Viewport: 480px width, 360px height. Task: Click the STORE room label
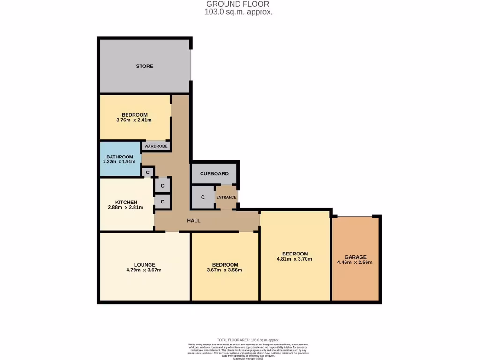click(144, 66)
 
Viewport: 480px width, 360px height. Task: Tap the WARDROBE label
click(156, 146)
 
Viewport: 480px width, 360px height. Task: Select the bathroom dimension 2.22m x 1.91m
click(119, 162)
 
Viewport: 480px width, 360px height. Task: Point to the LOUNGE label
click(144, 265)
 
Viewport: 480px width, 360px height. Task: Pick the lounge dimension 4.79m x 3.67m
click(144, 270)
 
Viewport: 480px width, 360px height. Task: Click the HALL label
click(194, 220)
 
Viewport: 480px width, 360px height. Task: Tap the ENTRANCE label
click(226, 197)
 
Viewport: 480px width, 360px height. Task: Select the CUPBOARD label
click(214, 173)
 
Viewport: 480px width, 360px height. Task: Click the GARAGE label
click(355, 257)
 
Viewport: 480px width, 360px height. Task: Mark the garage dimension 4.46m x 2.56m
click(355, 262)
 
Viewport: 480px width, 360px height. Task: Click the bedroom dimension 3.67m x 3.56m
click(225, 270)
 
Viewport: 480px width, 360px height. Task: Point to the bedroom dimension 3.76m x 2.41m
click(134, 120)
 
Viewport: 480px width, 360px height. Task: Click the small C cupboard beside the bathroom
click(148, 172)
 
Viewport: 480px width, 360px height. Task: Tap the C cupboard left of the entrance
click(202, 197)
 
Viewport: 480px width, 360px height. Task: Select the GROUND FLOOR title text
click(238, 4)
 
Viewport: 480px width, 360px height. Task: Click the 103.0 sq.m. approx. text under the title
click(238, 12)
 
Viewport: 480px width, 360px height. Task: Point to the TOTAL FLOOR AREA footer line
click(248, 340)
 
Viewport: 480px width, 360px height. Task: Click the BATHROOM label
click(120, 157)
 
